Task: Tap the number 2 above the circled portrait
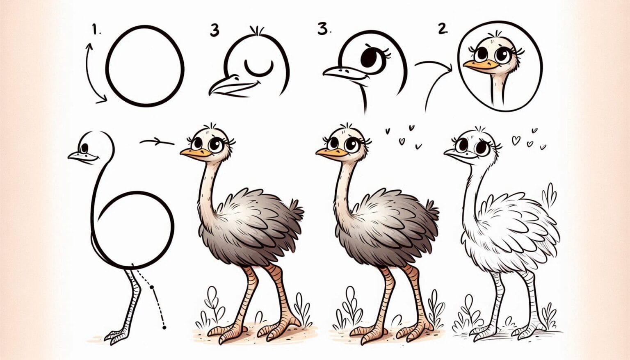pos(442,28)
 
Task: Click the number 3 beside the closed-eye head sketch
pos(214,30)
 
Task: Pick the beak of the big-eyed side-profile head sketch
pos(340,73)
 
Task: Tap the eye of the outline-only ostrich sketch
pos(85,148)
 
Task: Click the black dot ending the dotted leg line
pos(164,327)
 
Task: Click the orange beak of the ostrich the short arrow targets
pos(194,153)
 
